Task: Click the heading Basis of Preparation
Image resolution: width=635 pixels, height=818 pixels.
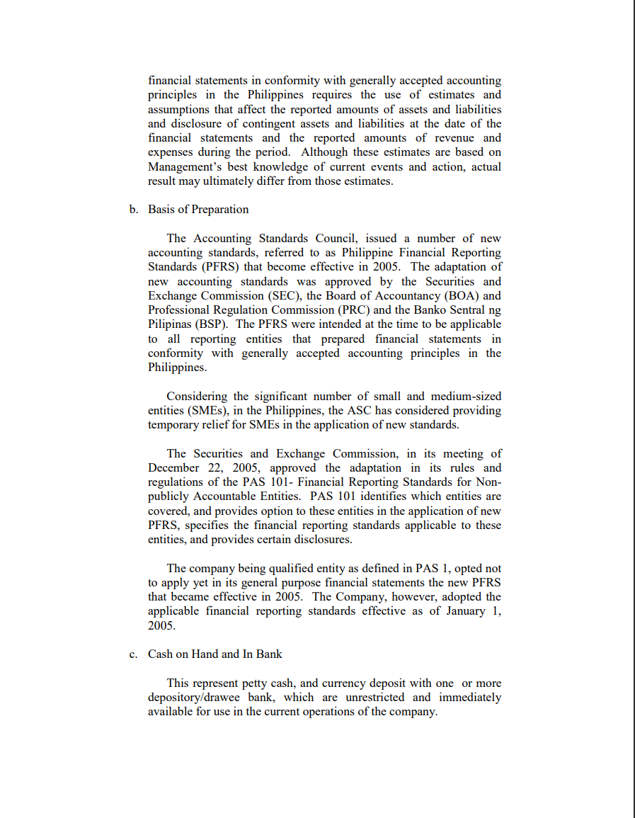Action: coord(198,210)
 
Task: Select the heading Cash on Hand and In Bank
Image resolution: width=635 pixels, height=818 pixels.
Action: coord(214,654)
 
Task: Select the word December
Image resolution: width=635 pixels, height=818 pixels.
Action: coord(175,468)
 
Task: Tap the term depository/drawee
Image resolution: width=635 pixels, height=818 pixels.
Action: coord(192,698)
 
